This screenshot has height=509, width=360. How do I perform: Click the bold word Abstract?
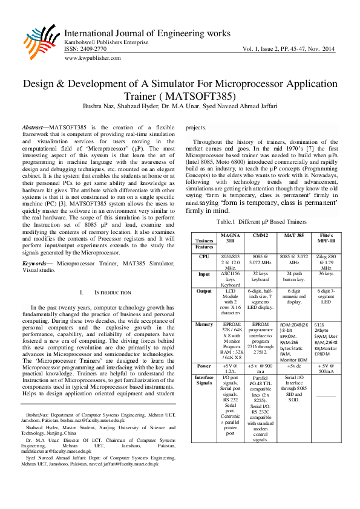[x=34, y=128]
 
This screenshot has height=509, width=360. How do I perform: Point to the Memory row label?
[x=205, y=325]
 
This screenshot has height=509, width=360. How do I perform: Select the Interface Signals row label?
[x=205, y=380]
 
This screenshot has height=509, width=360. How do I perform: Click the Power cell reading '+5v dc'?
[x=293, y=366]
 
